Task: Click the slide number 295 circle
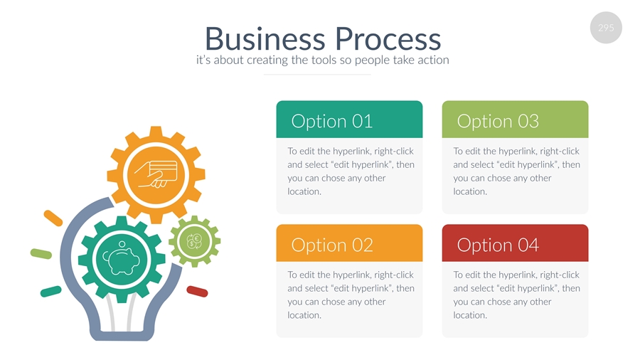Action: coord(606,28)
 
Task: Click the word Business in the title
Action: coord(265,38)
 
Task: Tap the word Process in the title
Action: coord(388,38)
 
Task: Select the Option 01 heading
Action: coord(331,121)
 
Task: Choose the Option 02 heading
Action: coord(331,245)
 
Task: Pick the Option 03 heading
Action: coord(498,121)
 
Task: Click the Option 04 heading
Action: coord(498,245)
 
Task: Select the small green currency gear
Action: coord(194,241)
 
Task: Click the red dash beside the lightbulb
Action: coord(197,291)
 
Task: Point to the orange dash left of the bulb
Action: coord(53,218)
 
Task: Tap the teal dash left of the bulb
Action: coord(50,291)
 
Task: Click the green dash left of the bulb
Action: coord(41,253)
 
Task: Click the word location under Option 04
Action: coord(469,315)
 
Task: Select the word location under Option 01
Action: coord(304,191)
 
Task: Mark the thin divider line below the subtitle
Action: coord(317,74)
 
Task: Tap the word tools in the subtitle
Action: coord(324,60)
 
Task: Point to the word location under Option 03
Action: coord(469,191)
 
